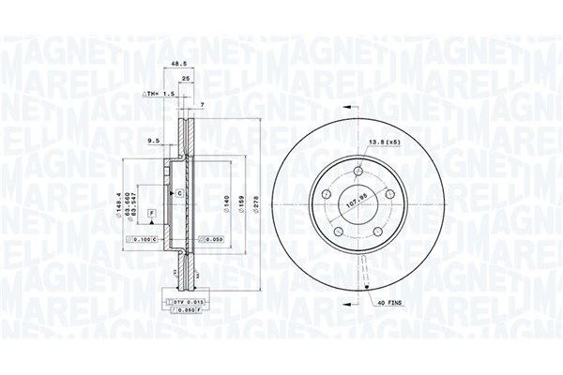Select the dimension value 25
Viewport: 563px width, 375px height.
point(187,79)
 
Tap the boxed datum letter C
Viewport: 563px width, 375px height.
point(177,192)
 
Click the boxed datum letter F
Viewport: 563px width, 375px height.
point(150,215)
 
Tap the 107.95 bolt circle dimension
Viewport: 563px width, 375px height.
point(356,198)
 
